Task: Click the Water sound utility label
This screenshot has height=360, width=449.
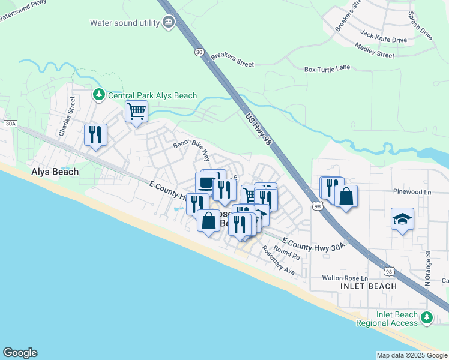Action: point(124,23)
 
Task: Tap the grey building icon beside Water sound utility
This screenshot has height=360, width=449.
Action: point(169,23)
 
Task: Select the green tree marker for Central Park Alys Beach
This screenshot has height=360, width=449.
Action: point(98,95)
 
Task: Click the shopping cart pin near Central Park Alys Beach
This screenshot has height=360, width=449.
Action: point(137,112)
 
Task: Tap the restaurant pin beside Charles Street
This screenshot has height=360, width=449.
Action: point(95,135)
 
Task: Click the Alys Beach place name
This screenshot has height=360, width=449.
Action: point(55,172)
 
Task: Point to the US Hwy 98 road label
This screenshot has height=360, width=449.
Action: point(259,126)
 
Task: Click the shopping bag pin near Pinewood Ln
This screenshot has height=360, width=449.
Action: point(346,196)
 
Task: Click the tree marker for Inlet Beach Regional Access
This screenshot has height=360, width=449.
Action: point(427,317)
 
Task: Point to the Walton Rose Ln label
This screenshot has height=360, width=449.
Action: point(344,277)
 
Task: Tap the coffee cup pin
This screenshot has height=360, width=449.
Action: point(206,182)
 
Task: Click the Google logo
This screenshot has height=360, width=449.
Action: point(20,353)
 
